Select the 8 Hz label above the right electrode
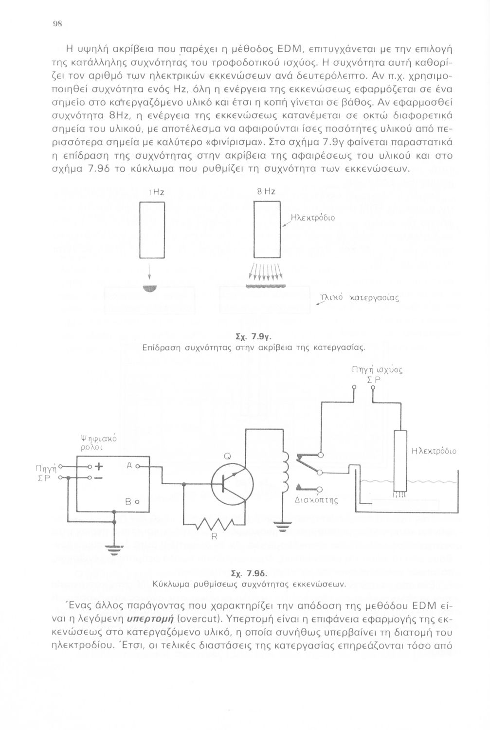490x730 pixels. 266,192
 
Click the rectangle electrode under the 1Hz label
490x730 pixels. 152,230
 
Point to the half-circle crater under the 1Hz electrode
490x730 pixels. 150,289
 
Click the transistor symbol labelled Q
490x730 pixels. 232,484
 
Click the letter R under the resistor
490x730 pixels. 214,536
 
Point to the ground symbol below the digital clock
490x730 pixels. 114,550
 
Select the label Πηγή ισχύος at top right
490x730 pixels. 377,370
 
